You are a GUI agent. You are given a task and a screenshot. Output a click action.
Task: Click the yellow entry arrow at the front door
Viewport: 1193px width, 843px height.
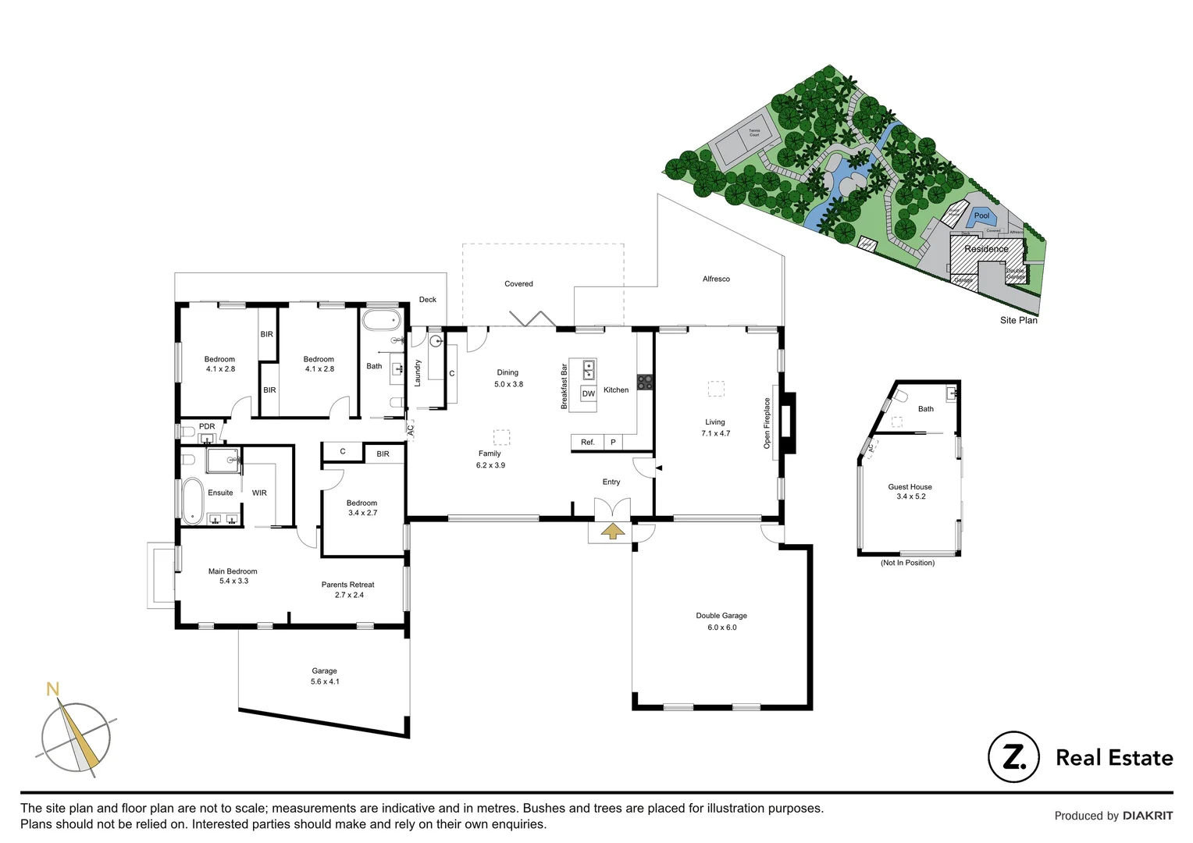click(x=613, y=532)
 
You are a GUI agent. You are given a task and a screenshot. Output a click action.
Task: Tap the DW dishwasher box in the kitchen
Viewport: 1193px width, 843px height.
click(x=588, y=394)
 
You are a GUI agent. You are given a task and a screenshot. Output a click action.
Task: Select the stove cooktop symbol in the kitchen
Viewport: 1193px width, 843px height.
click(x=645, y=382)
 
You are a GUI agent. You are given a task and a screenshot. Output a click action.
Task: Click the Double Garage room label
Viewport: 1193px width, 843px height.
click(x=721, y=616)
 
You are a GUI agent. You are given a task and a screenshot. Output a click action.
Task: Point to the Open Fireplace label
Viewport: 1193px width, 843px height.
click(x=767, y=423)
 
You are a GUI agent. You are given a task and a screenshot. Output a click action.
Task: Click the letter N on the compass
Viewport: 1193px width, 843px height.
click(x=52, y=689)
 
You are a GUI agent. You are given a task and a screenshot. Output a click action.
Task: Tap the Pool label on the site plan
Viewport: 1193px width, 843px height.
click(x=981, y=215)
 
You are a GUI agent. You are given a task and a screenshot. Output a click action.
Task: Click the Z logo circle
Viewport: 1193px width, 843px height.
click(x=1013, y=756)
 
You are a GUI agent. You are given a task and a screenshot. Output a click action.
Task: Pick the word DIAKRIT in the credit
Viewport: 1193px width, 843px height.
click(x=1148, y=816)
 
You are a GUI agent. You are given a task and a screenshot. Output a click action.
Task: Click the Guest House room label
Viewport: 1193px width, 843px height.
click(x=910, y=487)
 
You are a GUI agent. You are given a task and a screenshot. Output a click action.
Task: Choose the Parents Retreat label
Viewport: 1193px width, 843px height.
click(x=347, y=585)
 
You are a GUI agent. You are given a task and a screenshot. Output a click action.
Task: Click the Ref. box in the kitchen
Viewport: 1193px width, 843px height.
click(x=587, y=443)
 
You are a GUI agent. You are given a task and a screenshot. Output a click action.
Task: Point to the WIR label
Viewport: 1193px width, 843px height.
click(x=259, y=493)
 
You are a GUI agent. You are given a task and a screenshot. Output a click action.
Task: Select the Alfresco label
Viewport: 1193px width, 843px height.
click(x=716, y=279)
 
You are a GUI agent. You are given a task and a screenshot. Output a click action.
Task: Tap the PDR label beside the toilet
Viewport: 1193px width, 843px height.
click(x=206, y=427)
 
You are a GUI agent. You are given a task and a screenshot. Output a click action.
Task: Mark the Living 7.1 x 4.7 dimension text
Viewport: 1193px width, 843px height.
click(x=715, y=433)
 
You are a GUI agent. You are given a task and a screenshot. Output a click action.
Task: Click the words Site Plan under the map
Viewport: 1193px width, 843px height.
click(x=1018, y=320)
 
